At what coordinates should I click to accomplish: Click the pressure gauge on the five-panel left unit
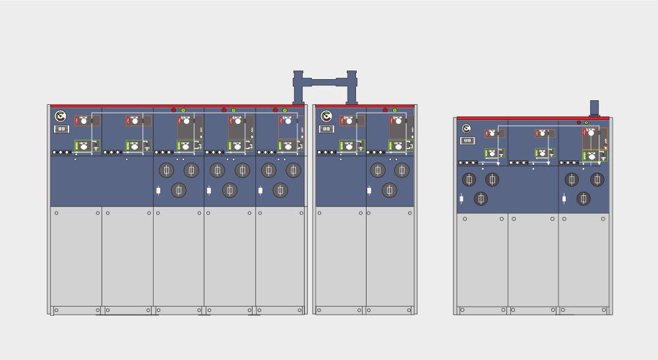[61, 117]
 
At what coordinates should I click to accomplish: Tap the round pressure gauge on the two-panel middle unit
[326, 117]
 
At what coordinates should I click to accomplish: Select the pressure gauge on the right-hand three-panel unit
[467, 129]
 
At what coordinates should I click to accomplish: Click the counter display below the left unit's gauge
[61, 129]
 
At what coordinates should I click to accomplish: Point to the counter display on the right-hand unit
[467, 140]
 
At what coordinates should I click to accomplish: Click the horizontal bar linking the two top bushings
[324, 82]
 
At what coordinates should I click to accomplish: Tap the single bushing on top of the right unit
[594, 108]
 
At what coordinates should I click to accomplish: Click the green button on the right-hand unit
[586, 123]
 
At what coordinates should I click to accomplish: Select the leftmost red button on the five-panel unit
[174, 110]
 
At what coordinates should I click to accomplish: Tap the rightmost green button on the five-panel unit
[285, 110]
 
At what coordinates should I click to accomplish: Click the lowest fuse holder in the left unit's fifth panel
[280, 191]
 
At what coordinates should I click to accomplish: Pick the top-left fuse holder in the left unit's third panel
[166, 170]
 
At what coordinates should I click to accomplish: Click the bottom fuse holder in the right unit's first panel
[481, 198]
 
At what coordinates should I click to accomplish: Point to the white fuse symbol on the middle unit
[369, 191]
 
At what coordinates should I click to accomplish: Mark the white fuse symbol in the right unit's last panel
[564, 198]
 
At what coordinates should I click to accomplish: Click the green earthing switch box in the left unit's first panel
[86, 146]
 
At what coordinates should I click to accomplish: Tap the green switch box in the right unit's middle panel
[544, 153]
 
